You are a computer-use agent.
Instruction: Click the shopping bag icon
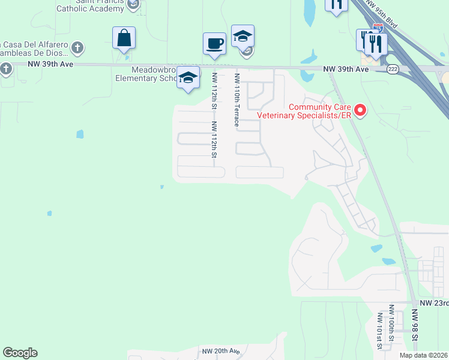(x=124, y=38)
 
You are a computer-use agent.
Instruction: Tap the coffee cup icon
(x=214, y=44)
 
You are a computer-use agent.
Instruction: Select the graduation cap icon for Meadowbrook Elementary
(x=188, y=78)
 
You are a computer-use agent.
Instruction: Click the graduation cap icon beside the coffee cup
(x=243, y=37)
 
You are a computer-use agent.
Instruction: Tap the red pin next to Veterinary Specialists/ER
(x=360, y=110)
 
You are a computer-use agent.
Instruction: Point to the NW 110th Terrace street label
(x=238, y=100)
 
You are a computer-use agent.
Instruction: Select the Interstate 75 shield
(x=377, y=28)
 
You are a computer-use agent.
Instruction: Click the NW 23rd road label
(x=433, y=304)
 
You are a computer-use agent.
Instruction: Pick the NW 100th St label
(x=391, y=324)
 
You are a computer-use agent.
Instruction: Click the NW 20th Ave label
(x=221, y=351)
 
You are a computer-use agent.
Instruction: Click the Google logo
(x=20, y=353)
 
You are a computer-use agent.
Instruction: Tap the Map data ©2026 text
(x=424, y=355)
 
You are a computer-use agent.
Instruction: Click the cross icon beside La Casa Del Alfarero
(x=77, y=47)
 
